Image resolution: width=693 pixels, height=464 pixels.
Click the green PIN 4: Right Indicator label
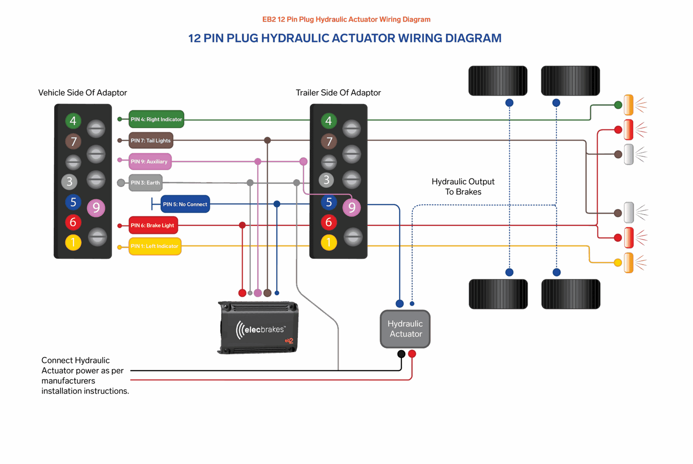156,119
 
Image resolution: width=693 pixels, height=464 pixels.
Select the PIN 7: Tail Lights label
151,140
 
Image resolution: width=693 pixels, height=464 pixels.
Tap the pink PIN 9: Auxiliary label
150,162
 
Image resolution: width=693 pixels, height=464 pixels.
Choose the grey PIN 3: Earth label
145,182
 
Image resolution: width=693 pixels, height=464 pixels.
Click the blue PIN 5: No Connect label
185,204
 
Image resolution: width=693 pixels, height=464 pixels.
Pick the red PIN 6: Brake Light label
153,225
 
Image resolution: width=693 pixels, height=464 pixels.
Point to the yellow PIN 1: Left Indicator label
155,246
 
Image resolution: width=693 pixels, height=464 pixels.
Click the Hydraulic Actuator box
405,329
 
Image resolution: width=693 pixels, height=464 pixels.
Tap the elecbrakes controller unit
258,327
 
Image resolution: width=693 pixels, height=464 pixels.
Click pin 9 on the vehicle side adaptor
96,208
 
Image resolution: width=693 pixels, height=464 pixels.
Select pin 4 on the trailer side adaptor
329,121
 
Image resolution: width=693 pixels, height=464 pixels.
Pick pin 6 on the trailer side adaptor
329,222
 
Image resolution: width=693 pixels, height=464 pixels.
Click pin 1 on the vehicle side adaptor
73,243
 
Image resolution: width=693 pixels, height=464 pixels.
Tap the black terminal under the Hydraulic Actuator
401,354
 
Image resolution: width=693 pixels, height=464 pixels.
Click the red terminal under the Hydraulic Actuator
412,354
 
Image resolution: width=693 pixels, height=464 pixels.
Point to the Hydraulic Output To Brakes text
463,186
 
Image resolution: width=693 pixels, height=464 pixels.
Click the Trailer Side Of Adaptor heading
338,93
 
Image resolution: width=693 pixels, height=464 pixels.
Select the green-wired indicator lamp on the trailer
629,105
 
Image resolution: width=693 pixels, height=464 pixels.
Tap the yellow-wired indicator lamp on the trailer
629,263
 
